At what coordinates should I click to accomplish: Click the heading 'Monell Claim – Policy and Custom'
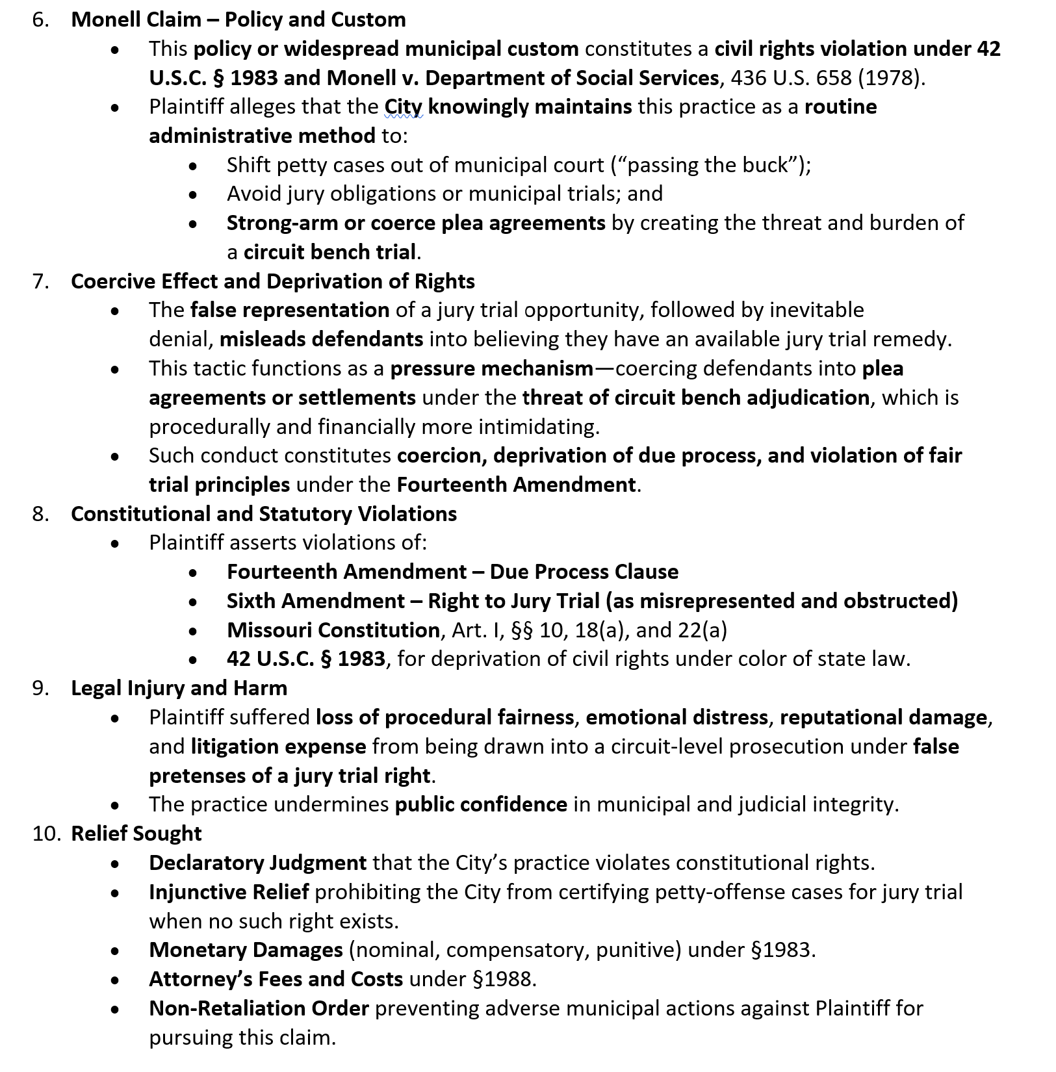pos(238,19)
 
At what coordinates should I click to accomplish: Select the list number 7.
pos(41,281)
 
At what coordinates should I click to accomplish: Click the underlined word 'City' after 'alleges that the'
pos(403,107)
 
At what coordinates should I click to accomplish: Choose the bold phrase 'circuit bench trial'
pos(329,252)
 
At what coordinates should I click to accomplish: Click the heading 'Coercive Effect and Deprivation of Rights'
pos(272,281)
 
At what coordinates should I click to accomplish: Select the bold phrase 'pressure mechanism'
pos(491,368)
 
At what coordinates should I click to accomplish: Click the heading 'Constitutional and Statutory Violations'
pos(263,514)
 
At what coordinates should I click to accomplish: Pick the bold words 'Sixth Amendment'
pos(315,601)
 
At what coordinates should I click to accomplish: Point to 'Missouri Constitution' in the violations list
pos(333,630)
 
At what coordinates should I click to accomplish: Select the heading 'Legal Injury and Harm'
pos(179,688)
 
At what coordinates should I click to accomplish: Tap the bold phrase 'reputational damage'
pos(883,717)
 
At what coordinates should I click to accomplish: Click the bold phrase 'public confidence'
pos(481,804)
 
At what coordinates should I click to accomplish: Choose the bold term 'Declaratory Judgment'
pos(257,863)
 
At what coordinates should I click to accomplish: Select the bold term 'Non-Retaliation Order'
pos(259,1008)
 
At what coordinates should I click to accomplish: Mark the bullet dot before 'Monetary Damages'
pos(115,951)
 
